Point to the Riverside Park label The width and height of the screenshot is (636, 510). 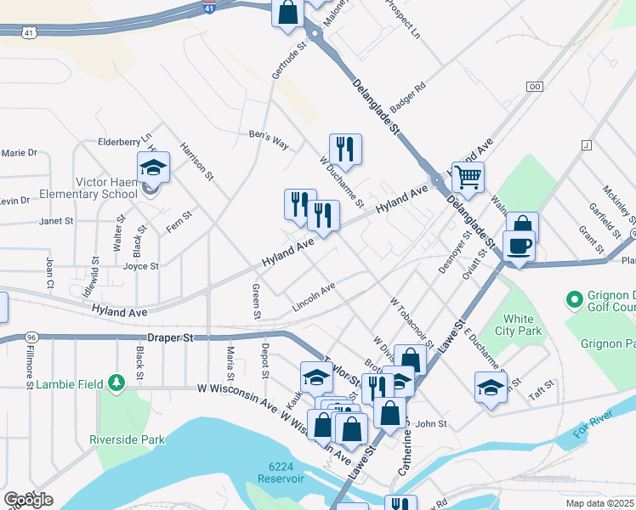127,439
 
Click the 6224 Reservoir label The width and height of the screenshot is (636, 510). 286,473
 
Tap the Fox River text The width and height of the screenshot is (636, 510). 594,430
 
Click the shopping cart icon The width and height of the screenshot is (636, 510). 467,178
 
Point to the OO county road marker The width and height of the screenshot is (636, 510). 535,87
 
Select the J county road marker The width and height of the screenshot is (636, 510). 586,145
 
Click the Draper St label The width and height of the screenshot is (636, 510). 171,337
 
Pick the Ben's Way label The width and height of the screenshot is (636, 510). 269,139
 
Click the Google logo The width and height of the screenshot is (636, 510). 28,500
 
